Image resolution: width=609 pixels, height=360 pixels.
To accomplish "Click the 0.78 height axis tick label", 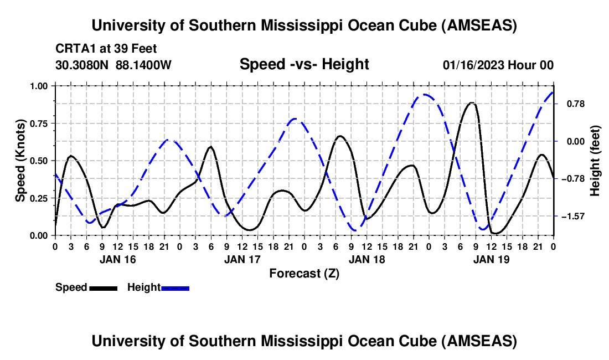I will (x=573, y=104).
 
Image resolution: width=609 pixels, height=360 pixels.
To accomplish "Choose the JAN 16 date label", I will (x=117, y=259).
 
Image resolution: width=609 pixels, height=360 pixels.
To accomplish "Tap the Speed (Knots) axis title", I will (x=20, y=161).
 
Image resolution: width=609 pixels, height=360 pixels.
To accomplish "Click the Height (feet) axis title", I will (x=596, y=161).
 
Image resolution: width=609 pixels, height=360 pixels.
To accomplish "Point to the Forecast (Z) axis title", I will (x=304, y=273).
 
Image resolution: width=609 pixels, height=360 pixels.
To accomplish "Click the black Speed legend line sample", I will (x=103, y=287).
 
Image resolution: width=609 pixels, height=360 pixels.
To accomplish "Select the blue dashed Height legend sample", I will (x=175, y=287).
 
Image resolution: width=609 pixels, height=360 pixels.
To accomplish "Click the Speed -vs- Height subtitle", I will (x=304, y=65).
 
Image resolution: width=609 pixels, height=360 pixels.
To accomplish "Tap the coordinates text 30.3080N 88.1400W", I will (x=113, y=65).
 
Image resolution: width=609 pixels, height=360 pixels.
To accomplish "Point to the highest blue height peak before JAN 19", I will (x=424, y=95).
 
